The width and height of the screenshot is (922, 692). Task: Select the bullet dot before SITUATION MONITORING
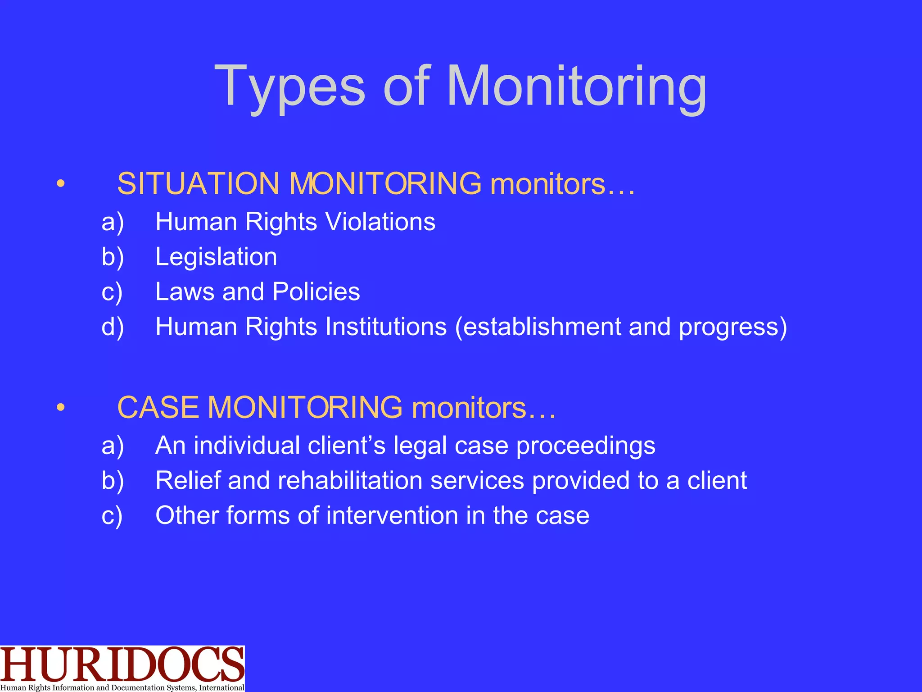tap(61, 184)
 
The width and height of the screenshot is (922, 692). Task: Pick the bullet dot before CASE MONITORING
tap(61, 407)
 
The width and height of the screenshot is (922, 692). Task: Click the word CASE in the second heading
tap(158, 407)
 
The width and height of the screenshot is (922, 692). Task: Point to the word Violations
tap(380, 222)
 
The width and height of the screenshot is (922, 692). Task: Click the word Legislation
tap(216, 257)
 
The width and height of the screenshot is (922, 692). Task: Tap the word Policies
tap(316, 291)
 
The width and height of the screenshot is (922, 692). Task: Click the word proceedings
tap(585, 446)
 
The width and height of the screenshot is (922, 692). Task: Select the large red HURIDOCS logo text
tap(122, 664)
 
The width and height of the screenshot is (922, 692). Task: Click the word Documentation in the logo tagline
tap(138, 687)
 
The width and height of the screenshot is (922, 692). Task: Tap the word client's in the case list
tap(347, 446)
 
